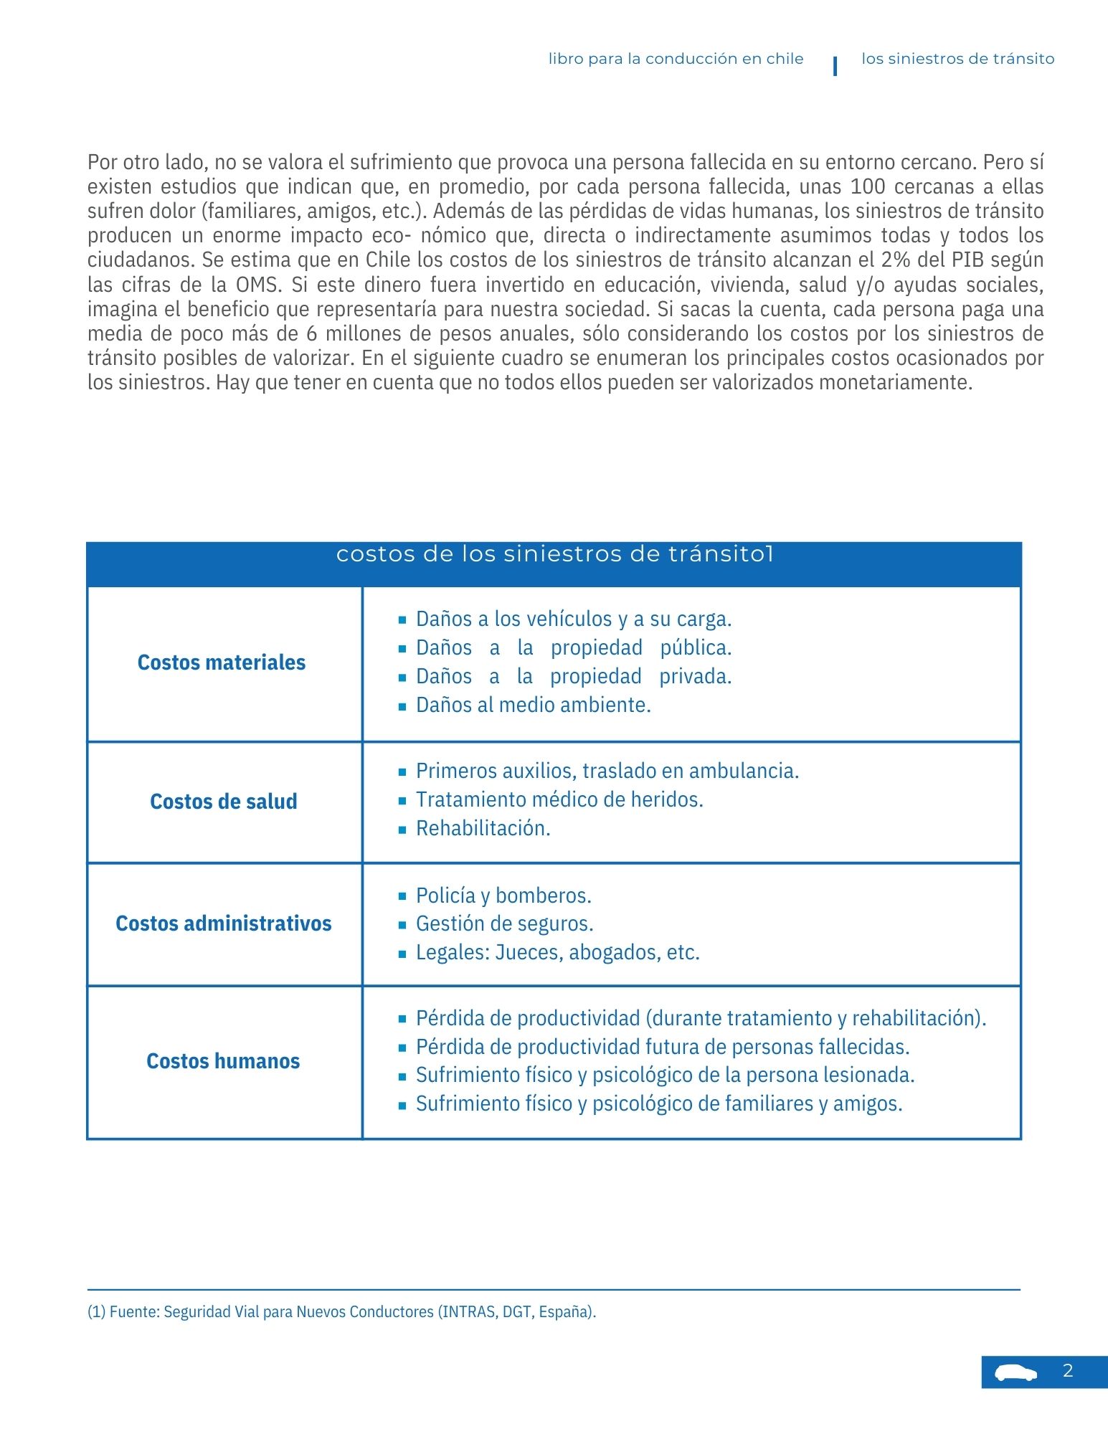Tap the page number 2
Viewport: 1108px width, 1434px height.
pos(1068,1371)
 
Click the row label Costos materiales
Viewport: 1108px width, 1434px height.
pos(222,663)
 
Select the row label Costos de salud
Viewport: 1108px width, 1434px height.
pos(224,802)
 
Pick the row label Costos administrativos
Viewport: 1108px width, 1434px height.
pos(224,923)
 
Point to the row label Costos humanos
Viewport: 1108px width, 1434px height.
pos(223,1061)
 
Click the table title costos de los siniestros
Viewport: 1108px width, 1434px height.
pos(554,554)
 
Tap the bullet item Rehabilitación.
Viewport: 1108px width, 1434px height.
pos(483,829)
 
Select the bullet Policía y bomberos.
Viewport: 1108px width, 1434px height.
pos(503,896)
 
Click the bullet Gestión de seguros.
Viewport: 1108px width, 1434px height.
pos(504,923)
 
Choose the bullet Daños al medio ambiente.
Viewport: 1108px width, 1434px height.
pos(533,706)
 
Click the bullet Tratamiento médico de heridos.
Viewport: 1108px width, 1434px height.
pos(559,799)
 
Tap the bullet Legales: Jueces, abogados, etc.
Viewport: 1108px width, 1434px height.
pos(557,952)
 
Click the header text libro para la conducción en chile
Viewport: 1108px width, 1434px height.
pos(676,59)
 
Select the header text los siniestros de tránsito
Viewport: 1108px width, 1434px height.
pos(957,59)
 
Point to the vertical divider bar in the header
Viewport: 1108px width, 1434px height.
pos(835,66)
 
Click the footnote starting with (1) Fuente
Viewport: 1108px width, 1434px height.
pos(342,1312)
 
